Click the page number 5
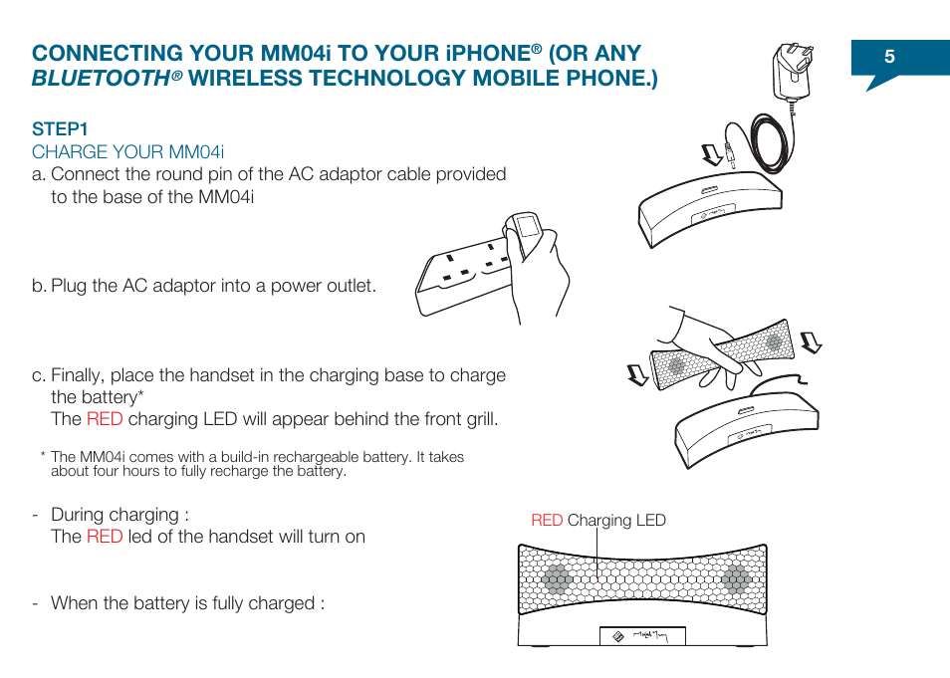(889, 58)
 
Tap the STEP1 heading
(60, 128)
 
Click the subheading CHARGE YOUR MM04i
(127, 151)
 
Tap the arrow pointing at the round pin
(710, 154)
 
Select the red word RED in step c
(104, 419)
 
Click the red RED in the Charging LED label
(547, 521)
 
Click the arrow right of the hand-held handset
(813, 342)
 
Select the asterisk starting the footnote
(44, 457)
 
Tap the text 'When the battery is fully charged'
(187, 603)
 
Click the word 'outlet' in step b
(353, 286)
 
